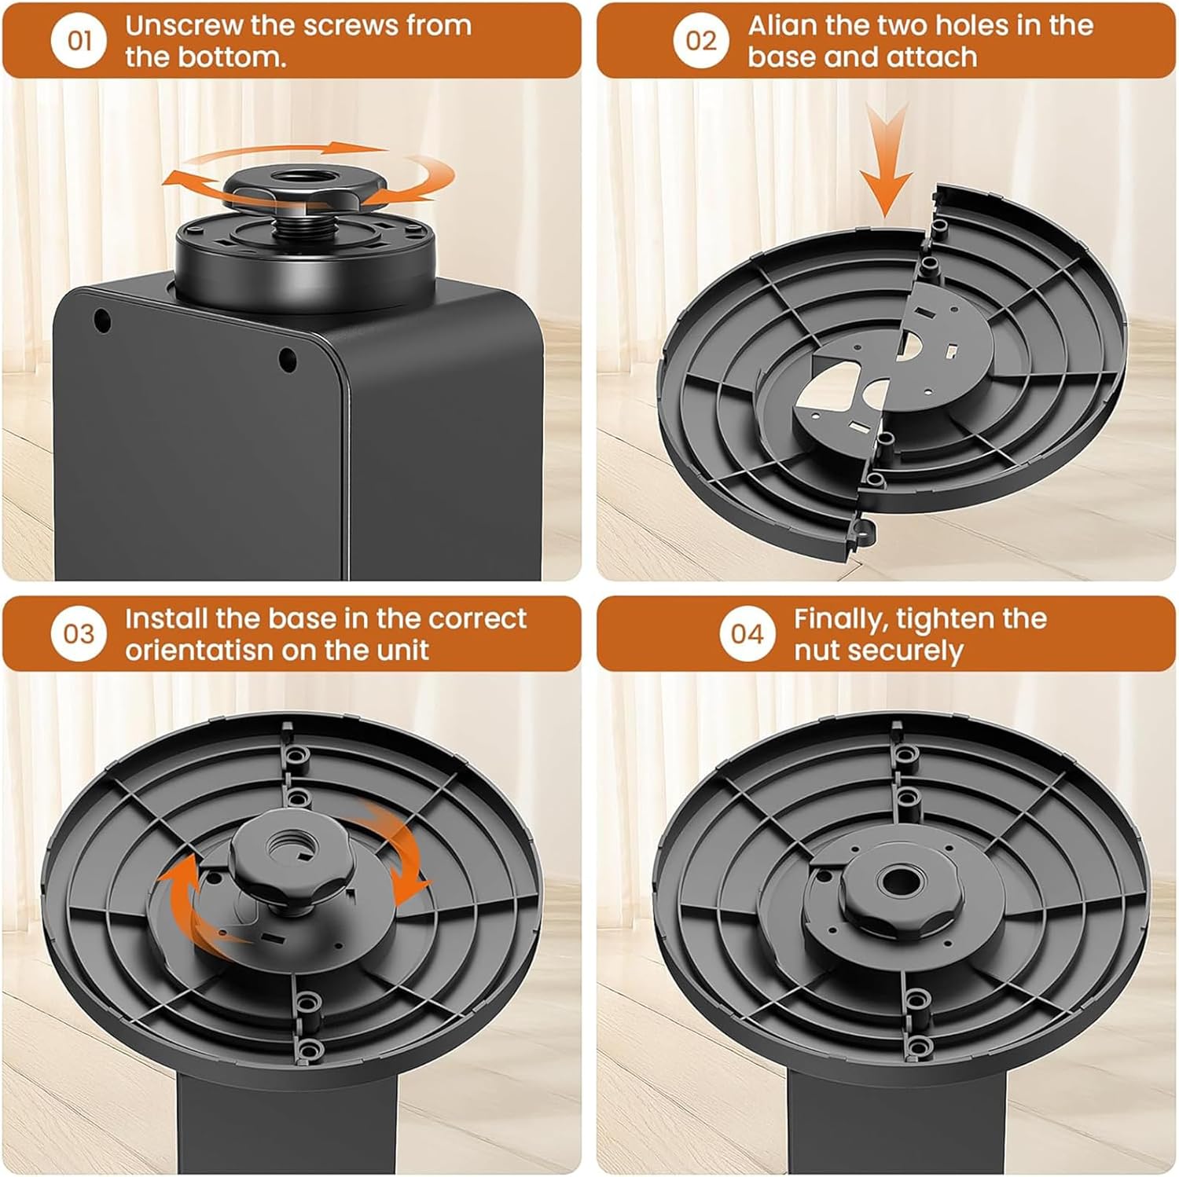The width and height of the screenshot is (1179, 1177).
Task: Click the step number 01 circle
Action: click(x=80, y=40)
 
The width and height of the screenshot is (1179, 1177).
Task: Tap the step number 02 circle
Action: click(x=701, y=40)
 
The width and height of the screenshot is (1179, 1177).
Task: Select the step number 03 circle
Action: click(x=79, y=633)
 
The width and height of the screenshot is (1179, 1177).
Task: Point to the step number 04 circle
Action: click(x=747, y=633)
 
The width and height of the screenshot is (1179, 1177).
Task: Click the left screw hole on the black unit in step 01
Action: click(x=102, y=321)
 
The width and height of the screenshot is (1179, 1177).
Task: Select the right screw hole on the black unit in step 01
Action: click(x=288, y=359)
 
